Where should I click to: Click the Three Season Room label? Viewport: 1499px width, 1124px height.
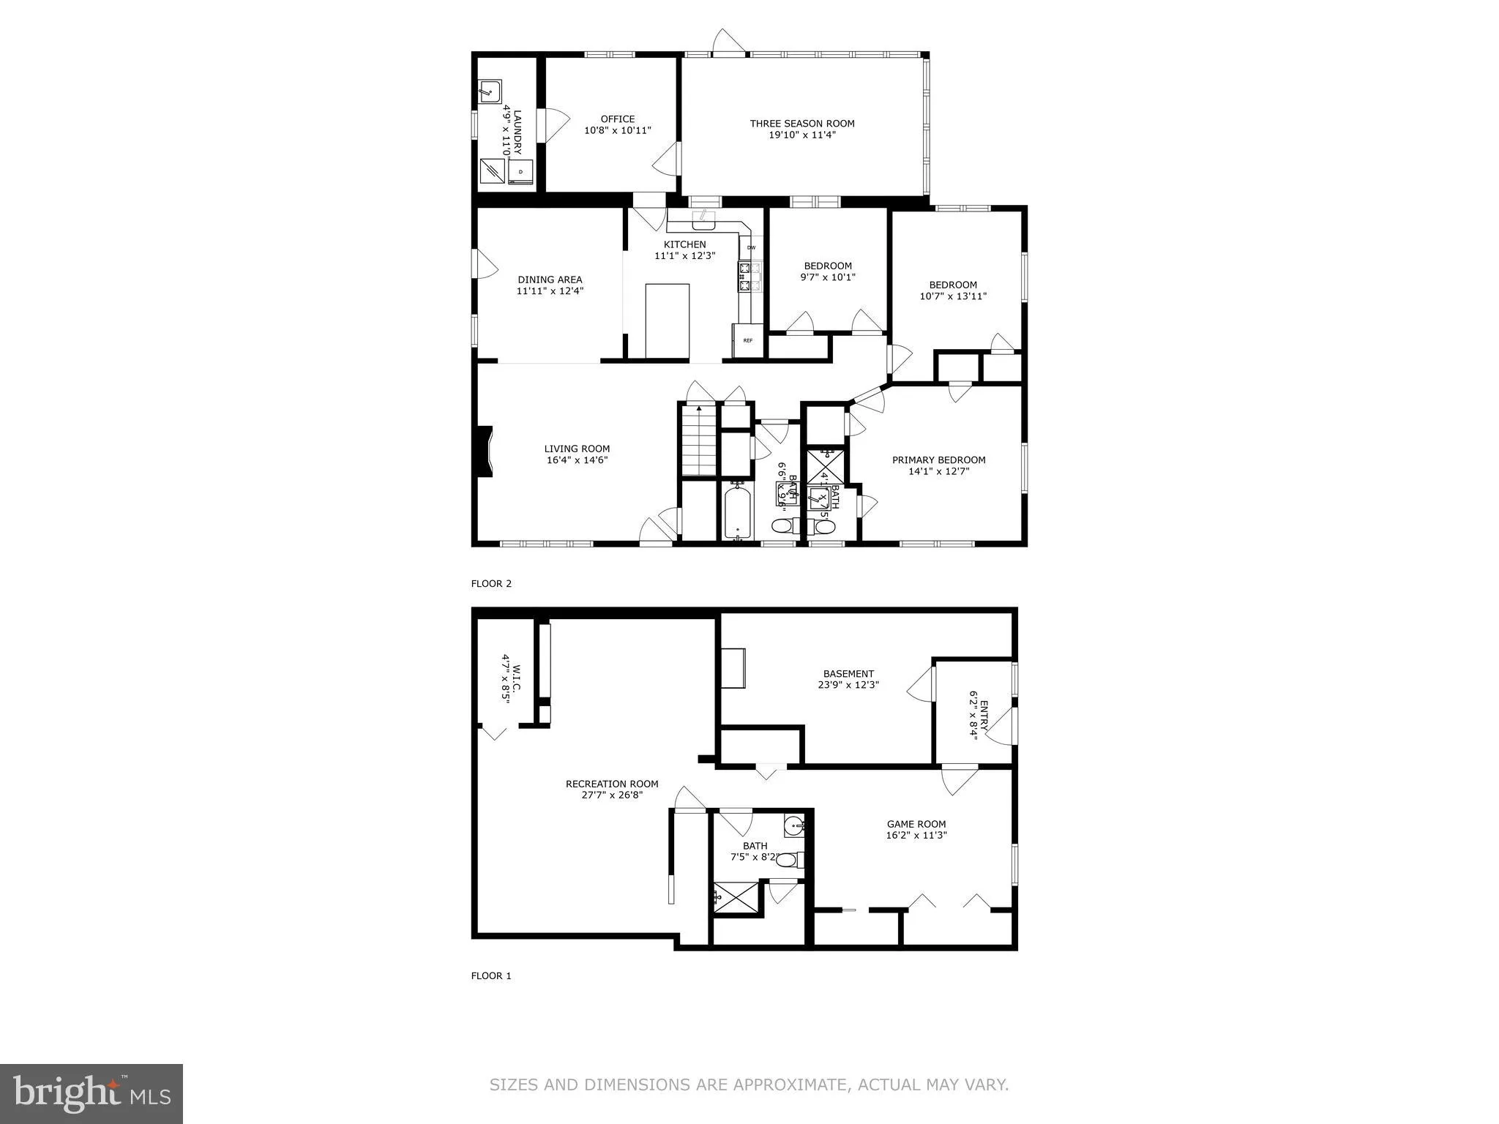coord(802,124)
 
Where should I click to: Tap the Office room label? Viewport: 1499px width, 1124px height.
coord(618,119)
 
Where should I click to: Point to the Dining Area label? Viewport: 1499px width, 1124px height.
coord(550,280)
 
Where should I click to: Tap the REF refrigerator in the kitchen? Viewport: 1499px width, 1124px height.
coord(747,340)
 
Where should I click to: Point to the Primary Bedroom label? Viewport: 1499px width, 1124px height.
coord(938,460)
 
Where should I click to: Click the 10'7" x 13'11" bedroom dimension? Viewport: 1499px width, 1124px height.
coord(953,296)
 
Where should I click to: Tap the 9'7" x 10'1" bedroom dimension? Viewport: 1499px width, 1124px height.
coord(828,277)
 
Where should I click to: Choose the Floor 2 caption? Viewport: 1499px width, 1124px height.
coord(491,583)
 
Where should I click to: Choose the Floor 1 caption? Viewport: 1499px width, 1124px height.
coord(491,975)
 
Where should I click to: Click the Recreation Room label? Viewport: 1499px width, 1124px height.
coord(612,784)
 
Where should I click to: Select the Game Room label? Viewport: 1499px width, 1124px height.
coord(916,824)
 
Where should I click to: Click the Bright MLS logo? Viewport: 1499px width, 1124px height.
coord(91,1093)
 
